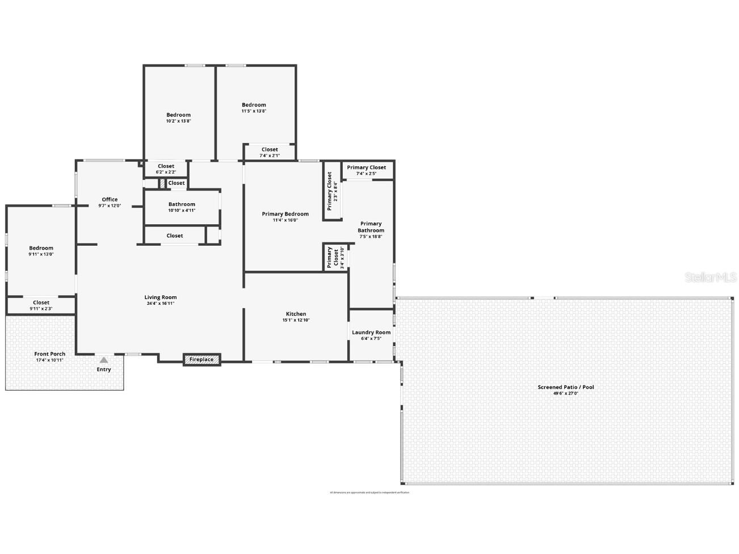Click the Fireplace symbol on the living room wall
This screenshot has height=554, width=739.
[x=201, y=359]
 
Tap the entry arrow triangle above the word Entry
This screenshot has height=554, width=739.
[x=103, y=360]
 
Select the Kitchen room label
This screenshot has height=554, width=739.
[x=296, y=314]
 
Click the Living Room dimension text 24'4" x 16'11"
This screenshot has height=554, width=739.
[x=161, y=304]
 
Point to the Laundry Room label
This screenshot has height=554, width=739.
[x=371, y=333]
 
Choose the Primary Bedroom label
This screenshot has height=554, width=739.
[x=285, y=214]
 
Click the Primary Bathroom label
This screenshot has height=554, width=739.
[x=371, y=227]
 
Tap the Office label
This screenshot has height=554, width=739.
[x=110, y=199]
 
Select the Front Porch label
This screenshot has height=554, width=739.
[x=50, y=354]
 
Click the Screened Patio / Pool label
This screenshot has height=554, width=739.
[x=566, y=387]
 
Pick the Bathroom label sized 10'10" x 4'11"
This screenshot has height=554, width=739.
[x=182, y=204]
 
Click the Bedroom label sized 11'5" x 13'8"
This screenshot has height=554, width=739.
[x=254, y=105]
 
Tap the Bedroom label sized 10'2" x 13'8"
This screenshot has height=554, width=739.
[x=178, y=115]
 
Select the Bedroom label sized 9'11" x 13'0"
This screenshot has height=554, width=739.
[x=41, y=248]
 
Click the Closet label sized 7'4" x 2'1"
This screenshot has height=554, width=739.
[x=270, y=150]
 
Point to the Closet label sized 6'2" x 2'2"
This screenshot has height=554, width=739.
[x=166, y=166]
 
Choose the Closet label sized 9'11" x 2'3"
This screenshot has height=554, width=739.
[x=41, y=303]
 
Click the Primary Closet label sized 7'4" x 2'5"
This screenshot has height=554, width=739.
[x=366, y=167]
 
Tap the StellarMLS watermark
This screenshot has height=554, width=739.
[x=710, y=278]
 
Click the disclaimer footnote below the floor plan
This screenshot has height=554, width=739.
[x=369, y=493]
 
